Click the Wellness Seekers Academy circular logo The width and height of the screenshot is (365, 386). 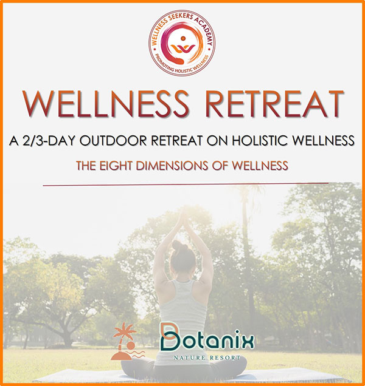coord(182,43)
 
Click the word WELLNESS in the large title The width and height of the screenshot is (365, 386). coord(105,104)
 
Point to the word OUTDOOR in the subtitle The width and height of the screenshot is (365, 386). coord(113,141)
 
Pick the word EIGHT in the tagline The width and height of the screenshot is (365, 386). coord(116,166)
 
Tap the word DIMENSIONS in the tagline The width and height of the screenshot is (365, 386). coord(172,166)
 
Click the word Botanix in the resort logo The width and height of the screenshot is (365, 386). coord(207,340)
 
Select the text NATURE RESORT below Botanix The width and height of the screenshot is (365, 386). coord(207,357)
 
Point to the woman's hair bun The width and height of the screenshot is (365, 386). coord(178,245)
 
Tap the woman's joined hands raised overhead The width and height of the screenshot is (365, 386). coord(184,217)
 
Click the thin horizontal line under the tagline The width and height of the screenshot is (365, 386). coord(186,184)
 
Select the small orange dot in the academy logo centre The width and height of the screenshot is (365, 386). coord(183,38)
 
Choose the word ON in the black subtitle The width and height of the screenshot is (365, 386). coord(217,141)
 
